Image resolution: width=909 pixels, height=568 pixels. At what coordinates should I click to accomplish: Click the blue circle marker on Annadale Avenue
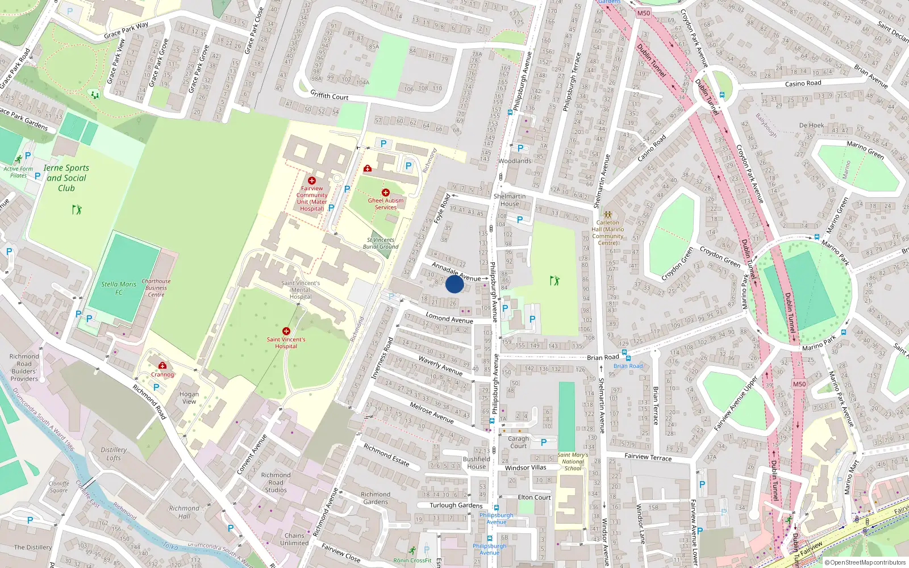(x=454, y=284)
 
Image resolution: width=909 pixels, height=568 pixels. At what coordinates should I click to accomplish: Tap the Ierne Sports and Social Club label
(x=66, y=178)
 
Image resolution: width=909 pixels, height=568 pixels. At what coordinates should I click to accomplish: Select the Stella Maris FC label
(x=119, y=288)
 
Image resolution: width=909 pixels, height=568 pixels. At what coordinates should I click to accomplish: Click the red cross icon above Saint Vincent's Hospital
(x=286, y=331)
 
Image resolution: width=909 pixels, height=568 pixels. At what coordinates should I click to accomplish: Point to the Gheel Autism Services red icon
(x=386, y=193)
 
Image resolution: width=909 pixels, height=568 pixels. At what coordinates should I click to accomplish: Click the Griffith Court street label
(x=329, y=95)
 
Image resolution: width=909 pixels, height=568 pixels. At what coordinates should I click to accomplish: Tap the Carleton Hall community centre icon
(x=608, y=215)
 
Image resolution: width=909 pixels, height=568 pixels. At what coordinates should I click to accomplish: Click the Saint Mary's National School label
(x=573, y=461)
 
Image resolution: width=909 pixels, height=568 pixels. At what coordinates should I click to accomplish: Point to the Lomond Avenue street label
(x=449, y=319)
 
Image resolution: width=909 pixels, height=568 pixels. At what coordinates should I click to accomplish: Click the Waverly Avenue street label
(x=440, y=365)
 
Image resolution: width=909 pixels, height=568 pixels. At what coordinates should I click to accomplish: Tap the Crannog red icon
(x=162, y=365)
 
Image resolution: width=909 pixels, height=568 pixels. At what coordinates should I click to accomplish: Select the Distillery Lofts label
(x=114, y=453)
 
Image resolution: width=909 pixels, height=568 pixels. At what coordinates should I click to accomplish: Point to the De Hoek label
(x=811, y=126)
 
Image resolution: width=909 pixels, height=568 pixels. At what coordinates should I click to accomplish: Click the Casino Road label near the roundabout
(x=803, y=83)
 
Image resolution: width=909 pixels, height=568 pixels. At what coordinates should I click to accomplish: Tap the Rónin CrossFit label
(x=412, y=560)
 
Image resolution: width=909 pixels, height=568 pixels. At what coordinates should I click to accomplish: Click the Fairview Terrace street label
(x=648, y=457)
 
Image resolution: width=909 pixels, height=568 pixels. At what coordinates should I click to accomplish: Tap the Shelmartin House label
(x=510, y=200)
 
